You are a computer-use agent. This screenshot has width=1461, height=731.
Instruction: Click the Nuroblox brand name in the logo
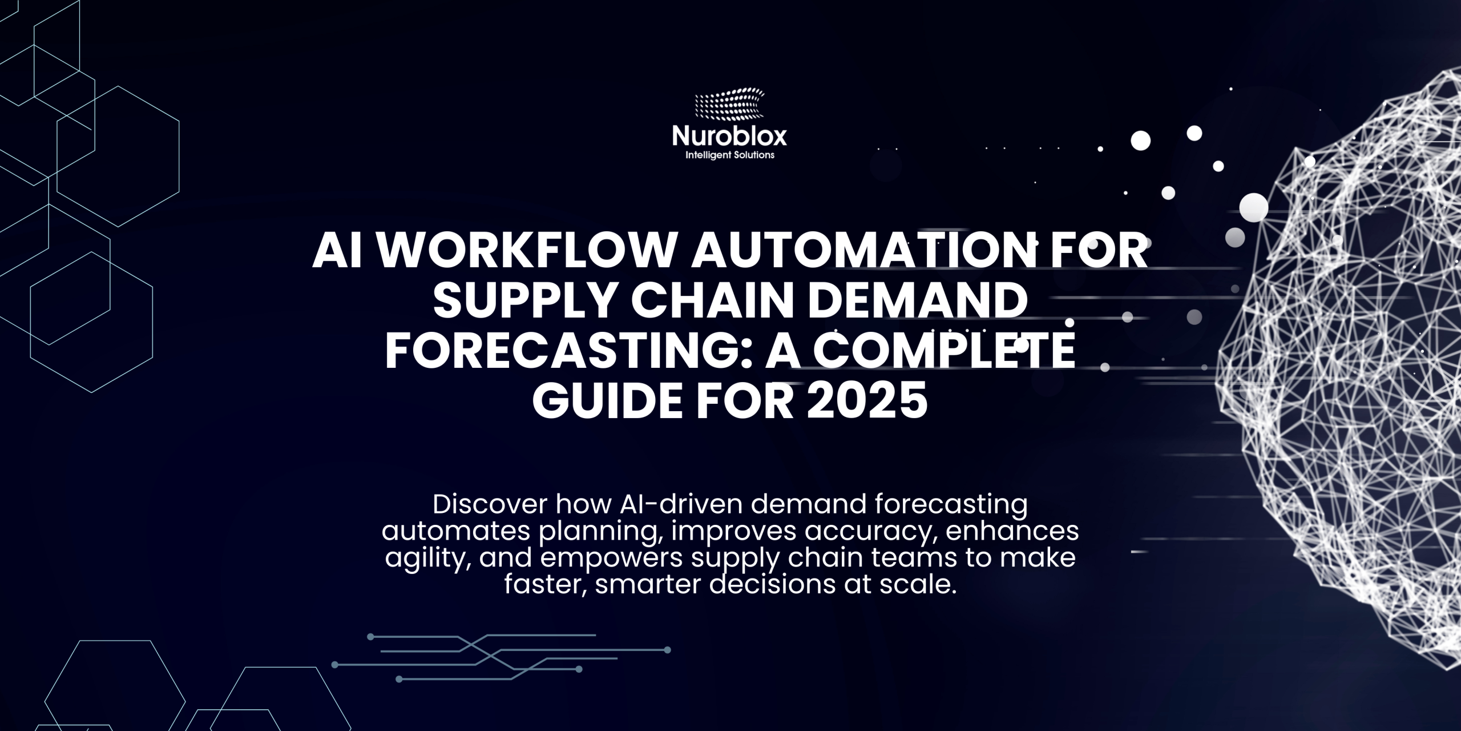[x=729, y=136]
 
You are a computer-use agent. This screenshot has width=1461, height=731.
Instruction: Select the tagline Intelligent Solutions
[x=729, y=155]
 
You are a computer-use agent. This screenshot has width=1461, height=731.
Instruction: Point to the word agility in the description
[x=427, y=558]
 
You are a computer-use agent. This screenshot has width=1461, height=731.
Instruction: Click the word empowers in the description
[x=611, y=558]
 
